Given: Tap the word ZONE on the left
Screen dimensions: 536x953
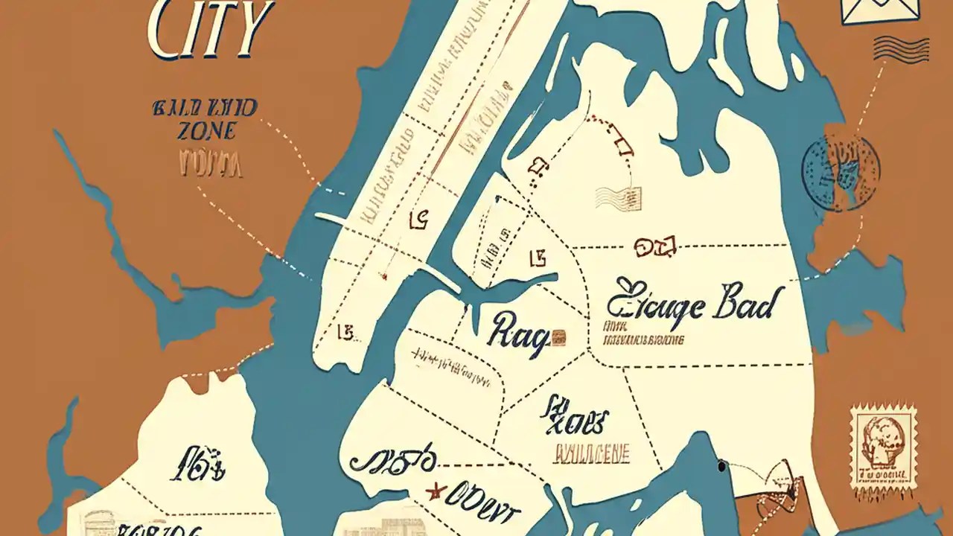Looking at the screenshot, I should click(207, 131).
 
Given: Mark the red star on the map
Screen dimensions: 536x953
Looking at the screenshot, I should click(434, 491).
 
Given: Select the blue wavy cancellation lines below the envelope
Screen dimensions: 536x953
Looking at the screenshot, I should click(901, 49).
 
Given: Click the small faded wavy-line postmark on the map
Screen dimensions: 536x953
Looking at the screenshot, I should click(619, 198).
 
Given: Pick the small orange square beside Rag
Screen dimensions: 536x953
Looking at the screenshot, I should click(558, 336).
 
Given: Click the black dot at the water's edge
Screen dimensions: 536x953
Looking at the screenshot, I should click(721, 467).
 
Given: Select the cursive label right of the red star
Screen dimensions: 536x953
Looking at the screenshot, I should click(484, 508).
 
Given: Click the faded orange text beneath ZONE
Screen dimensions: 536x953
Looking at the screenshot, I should click(210, 164).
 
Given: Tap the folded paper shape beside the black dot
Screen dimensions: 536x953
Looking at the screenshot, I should click(778, 488).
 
